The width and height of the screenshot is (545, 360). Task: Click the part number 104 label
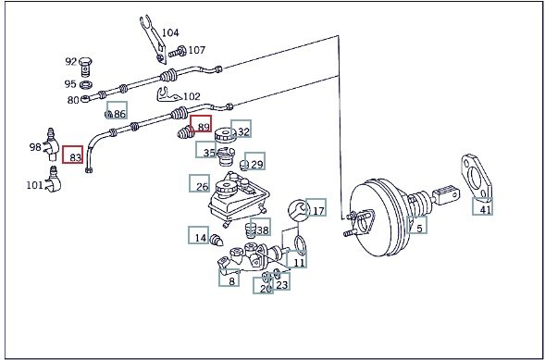[170, 32]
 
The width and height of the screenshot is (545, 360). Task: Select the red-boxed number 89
[201, 124]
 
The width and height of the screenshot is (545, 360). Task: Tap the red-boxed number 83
[73, 155]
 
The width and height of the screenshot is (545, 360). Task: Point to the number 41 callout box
[482, 206]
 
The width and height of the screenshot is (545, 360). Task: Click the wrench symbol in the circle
[299, 210]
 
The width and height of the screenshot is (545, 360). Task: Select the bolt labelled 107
[177, 52]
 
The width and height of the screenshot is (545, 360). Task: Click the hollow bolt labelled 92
[85, 67]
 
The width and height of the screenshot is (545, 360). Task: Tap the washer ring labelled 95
[86, 84]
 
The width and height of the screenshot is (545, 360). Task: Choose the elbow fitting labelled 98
[52, 144]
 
